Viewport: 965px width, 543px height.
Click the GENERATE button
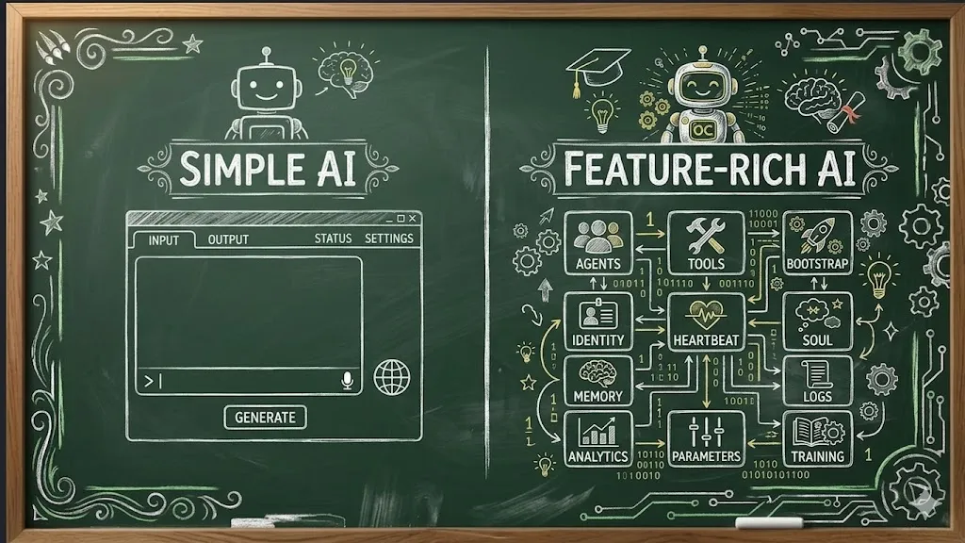click(265, 418)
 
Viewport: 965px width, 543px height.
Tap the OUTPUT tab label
click(228, 239)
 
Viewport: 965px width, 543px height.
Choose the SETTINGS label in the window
click(388, 239)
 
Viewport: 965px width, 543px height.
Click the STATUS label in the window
click(333, 239)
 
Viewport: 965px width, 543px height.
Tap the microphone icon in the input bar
click(347, 380)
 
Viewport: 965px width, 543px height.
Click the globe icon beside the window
click(391, 377)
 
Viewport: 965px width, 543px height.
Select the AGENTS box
click(597, 243)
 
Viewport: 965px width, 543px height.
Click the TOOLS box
click(706, 243)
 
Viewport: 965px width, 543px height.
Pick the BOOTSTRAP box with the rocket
click(817, 243)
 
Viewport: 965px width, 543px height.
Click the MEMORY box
click(597, 380)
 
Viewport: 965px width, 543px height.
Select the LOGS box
click(817, 380)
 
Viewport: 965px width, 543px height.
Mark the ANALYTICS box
click(597, 438)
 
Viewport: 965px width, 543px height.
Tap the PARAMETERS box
click(706, 438)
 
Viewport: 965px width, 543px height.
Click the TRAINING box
click(817, 438)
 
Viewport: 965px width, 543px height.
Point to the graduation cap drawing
click(599, 69)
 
